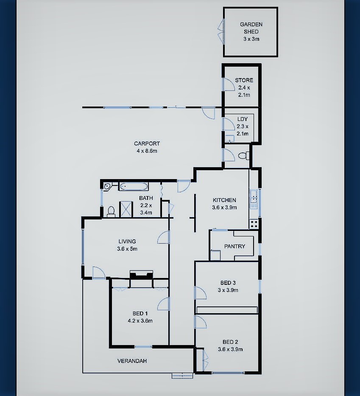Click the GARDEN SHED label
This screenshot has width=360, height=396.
(251, 28)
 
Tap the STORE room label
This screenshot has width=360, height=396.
(244, 80)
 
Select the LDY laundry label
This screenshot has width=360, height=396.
(243, 119)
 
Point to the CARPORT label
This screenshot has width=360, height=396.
(147, 144)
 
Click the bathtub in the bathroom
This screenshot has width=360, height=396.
(134, 186)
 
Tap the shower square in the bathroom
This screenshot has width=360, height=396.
(126, 209)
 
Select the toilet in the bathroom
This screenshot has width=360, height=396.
(111, 212)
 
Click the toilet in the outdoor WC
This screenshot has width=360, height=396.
(244, 156)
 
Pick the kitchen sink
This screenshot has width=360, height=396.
(254, 199)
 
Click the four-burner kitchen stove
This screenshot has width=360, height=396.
(254, 224)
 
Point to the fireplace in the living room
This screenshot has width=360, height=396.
(141, 275)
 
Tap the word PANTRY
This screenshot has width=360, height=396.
(234, 246)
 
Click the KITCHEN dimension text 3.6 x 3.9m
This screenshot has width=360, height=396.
(224, 208)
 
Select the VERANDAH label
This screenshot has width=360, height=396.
(132, 361)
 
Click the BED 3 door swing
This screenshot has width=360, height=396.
(201, 293)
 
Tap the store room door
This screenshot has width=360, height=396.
(228, 84)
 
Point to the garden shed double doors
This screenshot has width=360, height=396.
(221, 32)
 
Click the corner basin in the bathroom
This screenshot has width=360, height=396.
(107, 186)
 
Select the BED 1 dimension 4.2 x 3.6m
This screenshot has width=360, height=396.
(140, 321)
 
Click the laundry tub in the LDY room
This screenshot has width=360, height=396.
(230, 139)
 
